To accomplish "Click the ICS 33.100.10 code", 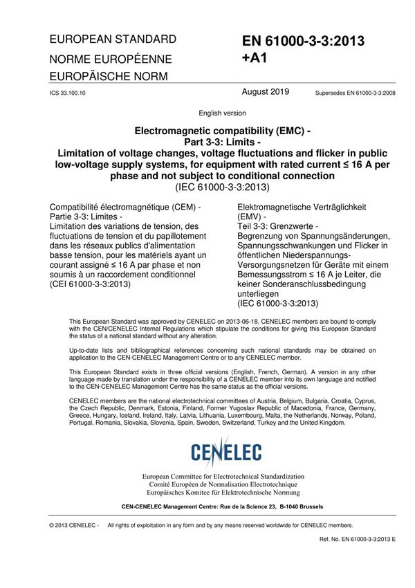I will point(67,92).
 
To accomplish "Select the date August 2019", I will point(266,91).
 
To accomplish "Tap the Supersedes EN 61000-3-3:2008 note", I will point(356,92).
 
